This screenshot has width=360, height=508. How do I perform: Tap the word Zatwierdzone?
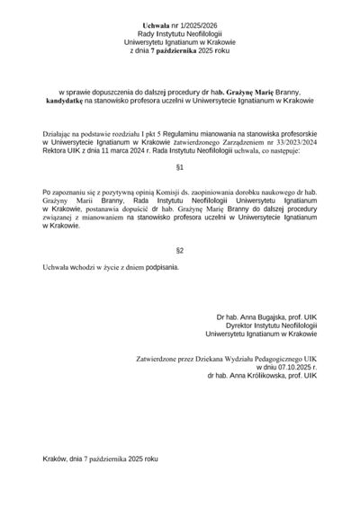(158, 359)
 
